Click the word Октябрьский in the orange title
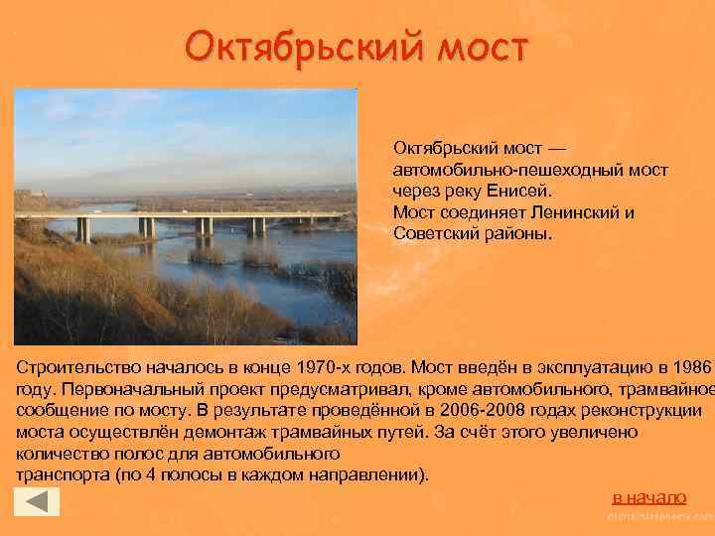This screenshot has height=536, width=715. tap(299, 46)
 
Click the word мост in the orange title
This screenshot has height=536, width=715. tap(478, 46)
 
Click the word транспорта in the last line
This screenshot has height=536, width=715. tap(59, 475)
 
